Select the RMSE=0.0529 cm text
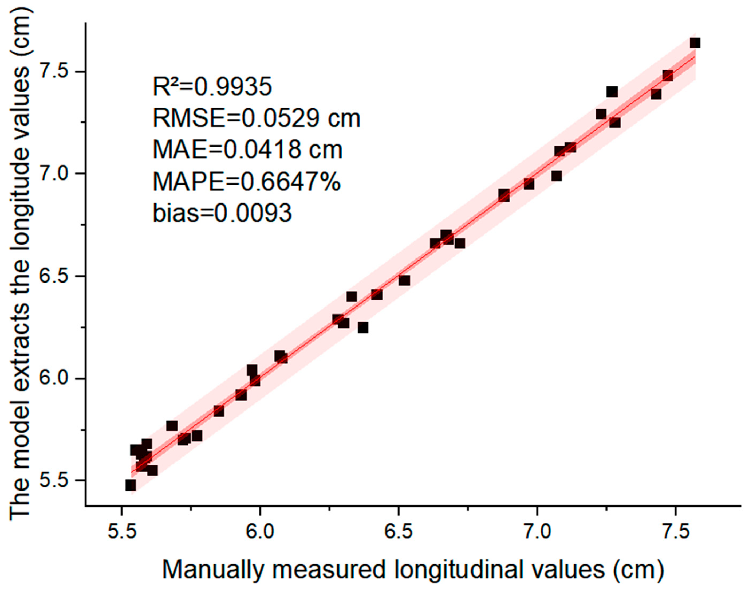point(256,118)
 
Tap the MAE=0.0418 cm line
point(247,150)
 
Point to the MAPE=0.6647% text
point(247,182)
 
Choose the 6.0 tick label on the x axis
point(260,533)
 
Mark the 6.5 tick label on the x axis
point(399,533)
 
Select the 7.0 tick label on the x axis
point(537,533)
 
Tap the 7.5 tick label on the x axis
point(676,533)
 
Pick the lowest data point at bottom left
point(130,485)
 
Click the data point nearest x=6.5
point(404,280)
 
